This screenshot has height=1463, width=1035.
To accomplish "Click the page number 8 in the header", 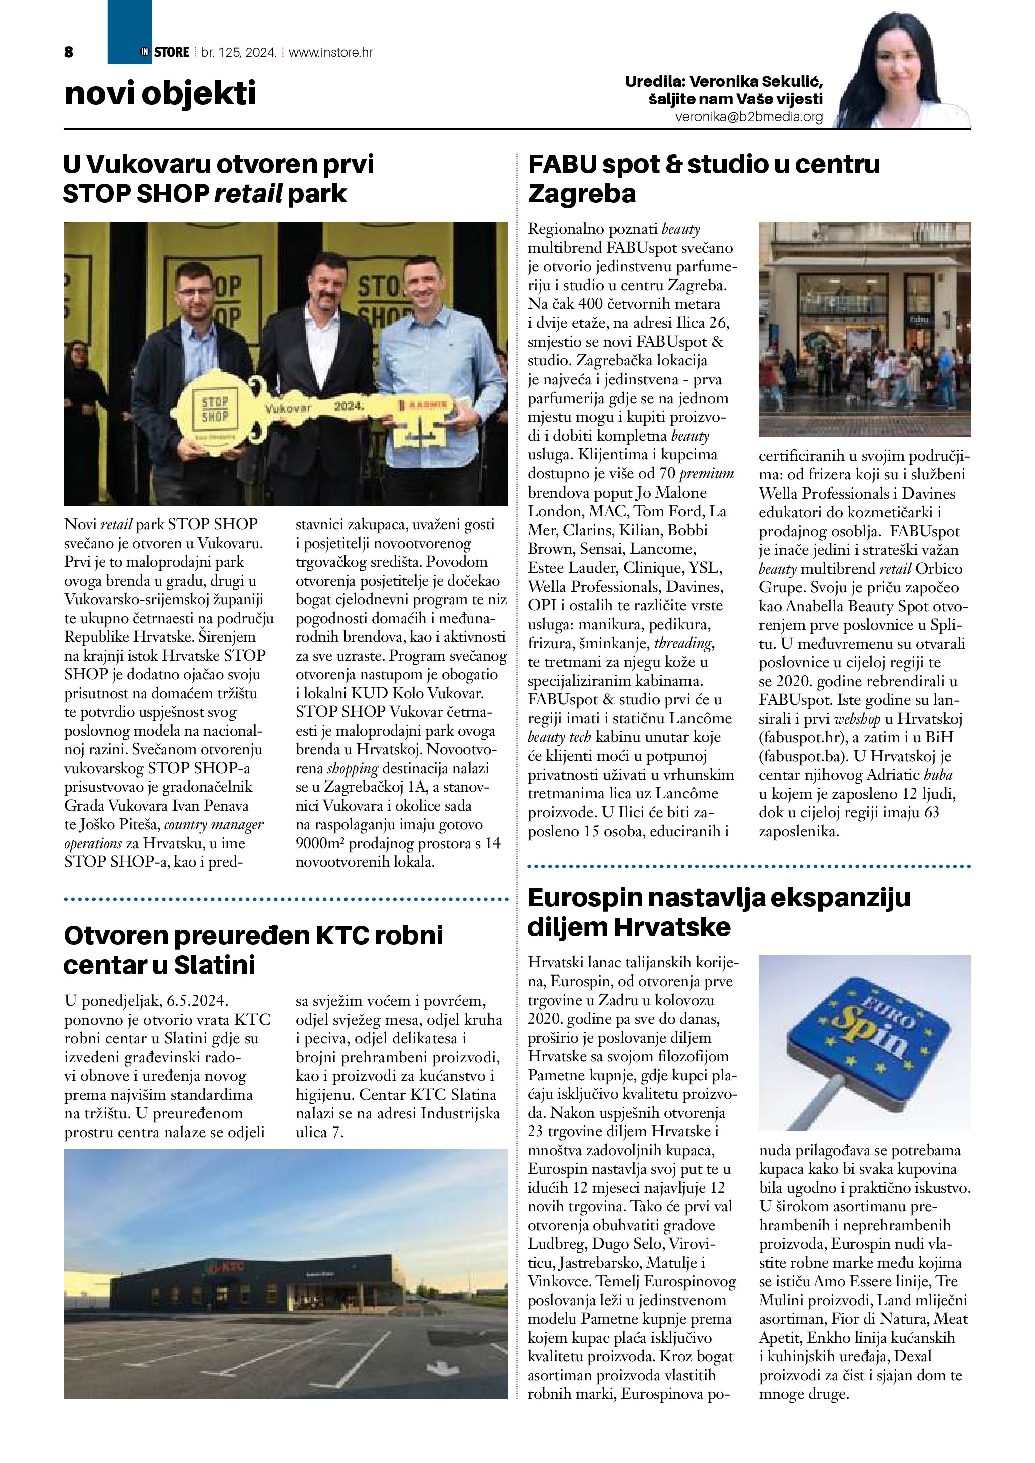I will point(69,52).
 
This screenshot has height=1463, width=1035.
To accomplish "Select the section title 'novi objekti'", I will point(160,94).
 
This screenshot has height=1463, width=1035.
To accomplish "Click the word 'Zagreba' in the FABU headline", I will point(582,194).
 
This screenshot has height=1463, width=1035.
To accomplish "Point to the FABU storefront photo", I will point(864,329).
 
